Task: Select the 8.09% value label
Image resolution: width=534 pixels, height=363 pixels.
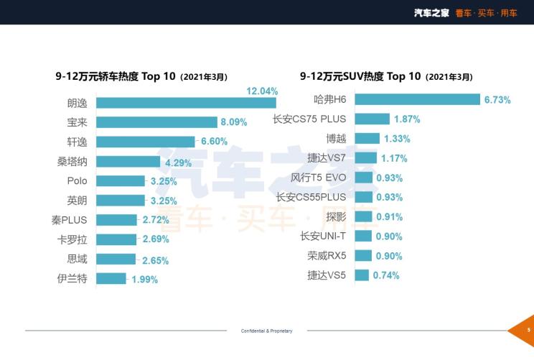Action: (234, 122)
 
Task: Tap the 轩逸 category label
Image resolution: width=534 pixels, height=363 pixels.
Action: (77, 142)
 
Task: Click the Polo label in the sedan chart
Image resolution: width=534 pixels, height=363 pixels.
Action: (77, 181)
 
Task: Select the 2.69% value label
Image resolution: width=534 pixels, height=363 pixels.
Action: (155, 240)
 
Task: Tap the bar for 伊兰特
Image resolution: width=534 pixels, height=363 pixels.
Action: (111, 278)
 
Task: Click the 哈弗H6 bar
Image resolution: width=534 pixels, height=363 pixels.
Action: (417, 99)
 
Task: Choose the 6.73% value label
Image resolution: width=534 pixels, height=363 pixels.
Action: (497, 100)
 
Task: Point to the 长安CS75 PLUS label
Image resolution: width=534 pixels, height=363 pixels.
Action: (309, 119)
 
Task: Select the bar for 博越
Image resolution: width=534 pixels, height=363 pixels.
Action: (367, 138)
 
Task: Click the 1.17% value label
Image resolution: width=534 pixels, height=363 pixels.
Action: (395, 158)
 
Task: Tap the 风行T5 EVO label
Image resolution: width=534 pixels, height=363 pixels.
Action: (319, 178)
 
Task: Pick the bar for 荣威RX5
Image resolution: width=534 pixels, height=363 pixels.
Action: (363, 255)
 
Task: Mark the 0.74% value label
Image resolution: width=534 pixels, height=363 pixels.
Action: (386, 275)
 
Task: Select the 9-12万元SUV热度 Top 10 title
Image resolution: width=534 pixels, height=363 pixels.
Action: (386, 76)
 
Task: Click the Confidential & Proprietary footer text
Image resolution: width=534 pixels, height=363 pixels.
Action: (266, 331)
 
